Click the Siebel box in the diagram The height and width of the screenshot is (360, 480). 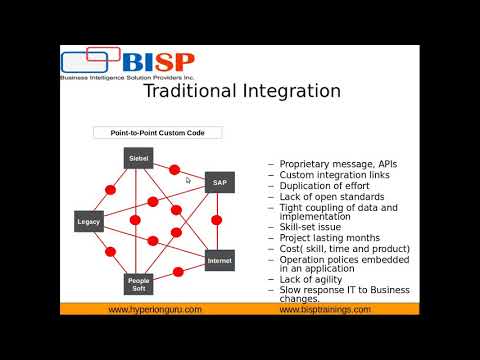pyautogui.click(x=139, y=158)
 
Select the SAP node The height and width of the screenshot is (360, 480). pyautogui.click(x=220, y=182)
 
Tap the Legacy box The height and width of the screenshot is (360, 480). pyautogui.click(x=89, y=221)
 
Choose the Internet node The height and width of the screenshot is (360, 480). pyautogui.click(x=219, y=260)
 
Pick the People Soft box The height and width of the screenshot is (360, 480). pyautogui.click(x=139, y=284)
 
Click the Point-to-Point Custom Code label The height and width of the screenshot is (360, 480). pyautogui.click(x=157, y=132)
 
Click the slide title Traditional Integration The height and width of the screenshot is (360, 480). pyautogui.click(x=242, y=92)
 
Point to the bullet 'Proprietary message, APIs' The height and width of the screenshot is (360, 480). pyautogui.click(x=336, y=163)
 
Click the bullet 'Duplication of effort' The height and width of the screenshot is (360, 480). pyautogui.click(x=325, y=186)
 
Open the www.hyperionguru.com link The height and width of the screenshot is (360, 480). pyautogui.click(x=155, y=309)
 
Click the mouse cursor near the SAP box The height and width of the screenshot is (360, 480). pyautogui.click(x=188, y=180)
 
